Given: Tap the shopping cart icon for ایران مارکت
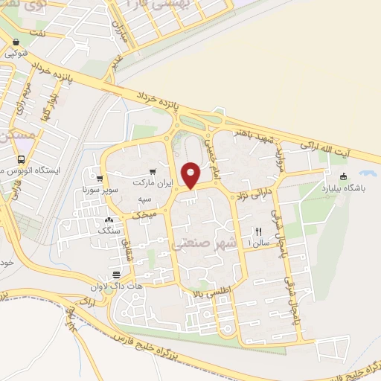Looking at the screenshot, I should [153, 170].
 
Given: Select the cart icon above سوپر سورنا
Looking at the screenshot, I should [99, 178].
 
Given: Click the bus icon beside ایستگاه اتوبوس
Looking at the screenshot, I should [21, 159].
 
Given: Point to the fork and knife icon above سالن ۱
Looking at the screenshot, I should [259, 231].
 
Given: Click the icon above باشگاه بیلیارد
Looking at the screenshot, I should [343, 176].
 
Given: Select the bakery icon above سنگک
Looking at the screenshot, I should [109, 220].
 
